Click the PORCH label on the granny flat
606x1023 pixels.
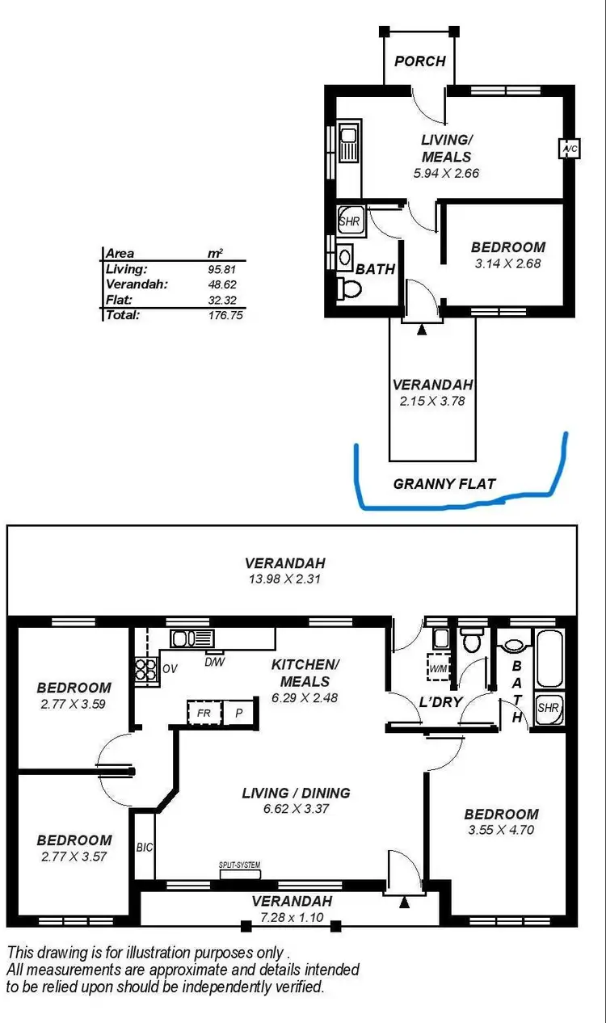coord(419,61)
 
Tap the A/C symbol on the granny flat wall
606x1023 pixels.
coord(569,149)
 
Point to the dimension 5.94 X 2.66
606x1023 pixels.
coord(445,173)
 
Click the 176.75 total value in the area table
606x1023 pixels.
coord(225,315)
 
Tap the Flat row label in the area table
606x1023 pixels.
coord(118,299)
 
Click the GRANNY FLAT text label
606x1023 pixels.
coord(444,484)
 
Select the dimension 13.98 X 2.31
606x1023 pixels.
coord(285,579)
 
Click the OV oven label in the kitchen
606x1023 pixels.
coord(169,669)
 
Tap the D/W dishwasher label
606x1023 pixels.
coord(214,662)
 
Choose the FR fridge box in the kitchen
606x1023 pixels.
coord(203,714)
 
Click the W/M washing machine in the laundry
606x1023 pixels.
coord(439,669)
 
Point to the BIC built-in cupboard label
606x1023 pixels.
coord(145,848)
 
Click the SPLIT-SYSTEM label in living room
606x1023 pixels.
coord(240,865)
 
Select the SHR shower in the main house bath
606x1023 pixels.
coord(547,709)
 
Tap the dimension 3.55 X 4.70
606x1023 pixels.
coord(501,829)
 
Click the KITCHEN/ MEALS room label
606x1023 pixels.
coord(305,671)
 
